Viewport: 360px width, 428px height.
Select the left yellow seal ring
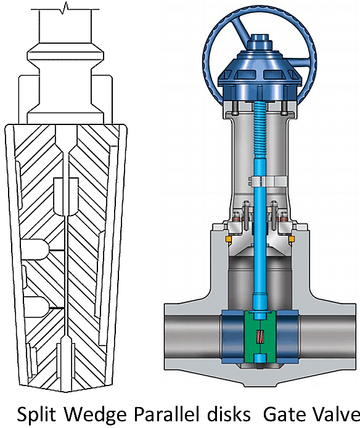point(228,239)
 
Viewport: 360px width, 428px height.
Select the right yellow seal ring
point(291,239)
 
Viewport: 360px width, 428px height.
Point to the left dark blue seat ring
point(232,337)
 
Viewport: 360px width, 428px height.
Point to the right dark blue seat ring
point(288,337)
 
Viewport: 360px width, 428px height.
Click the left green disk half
point(252,337)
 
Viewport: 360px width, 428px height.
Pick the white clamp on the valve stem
point(268,181)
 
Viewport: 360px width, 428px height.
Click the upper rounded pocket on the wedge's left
point(35,249)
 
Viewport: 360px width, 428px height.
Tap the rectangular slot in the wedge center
point(66,196)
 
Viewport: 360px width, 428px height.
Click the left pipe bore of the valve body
point(193,337)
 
